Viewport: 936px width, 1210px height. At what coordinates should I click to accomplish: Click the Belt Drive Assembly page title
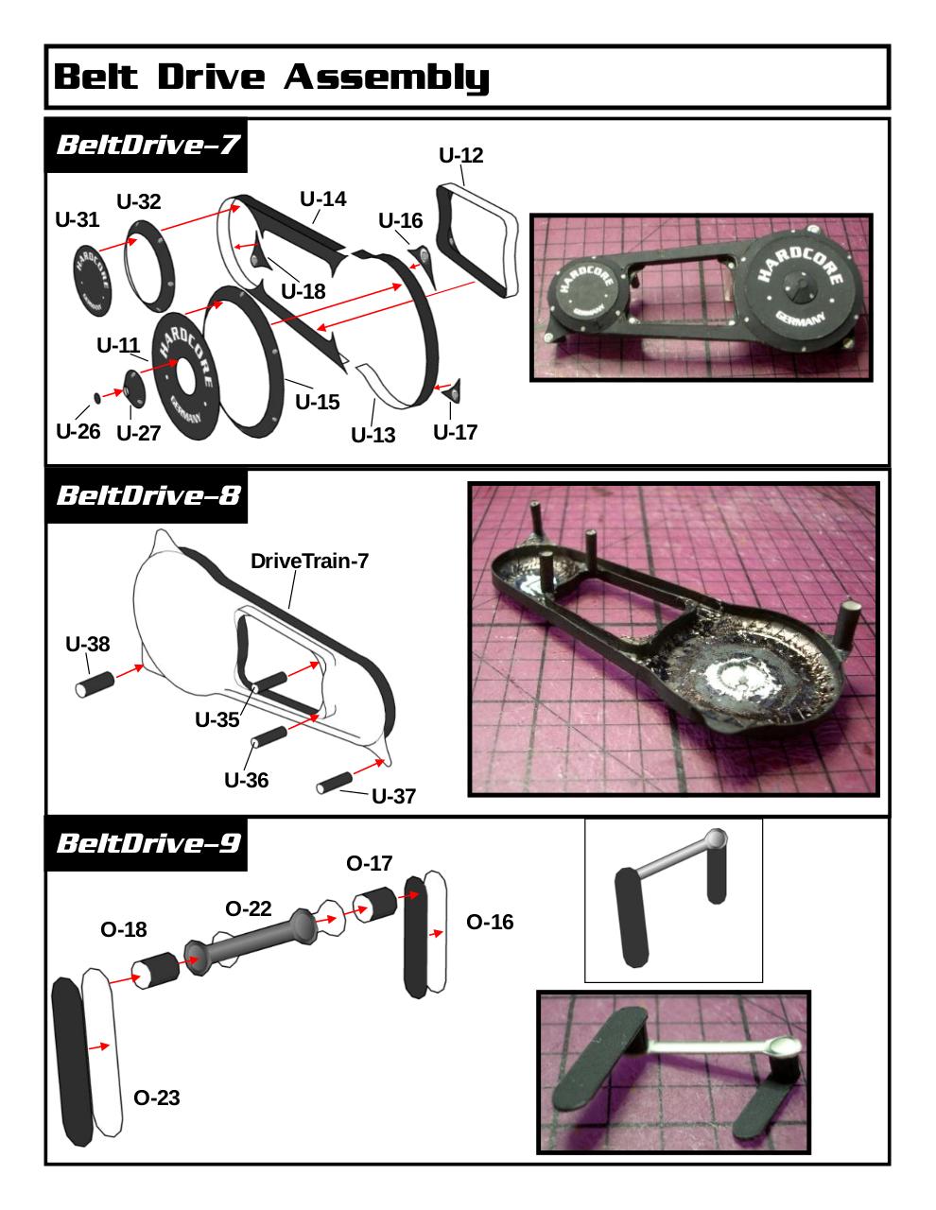(x=271, y=77)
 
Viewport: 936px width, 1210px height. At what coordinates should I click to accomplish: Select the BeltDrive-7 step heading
(x=147, y=146)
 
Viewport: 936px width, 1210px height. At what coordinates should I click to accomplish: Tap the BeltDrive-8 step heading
(x=148, y=495)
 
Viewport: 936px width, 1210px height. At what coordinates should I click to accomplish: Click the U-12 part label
(x=460, y=156)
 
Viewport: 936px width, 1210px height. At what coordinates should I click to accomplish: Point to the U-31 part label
(x=78, y=220)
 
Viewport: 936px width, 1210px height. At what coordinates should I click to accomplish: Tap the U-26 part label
(x=78, y=432)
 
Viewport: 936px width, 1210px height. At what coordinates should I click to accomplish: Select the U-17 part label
(x=455, y=433)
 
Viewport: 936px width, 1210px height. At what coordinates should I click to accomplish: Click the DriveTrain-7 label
(x=309, y=562)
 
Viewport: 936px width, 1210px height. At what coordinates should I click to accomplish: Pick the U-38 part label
(x=88, y=645)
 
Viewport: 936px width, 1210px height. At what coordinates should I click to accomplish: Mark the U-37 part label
(x=393, y=796)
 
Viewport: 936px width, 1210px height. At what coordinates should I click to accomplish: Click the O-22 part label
(x=249, y=909)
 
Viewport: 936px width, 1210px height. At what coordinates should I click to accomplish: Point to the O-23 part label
(x=157, y=1098)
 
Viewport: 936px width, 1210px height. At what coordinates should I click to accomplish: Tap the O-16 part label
(x=490, y=923)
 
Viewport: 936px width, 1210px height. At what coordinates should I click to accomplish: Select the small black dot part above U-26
(x=97, y=397)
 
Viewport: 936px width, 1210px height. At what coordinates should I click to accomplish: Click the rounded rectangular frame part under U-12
(x=477, y=240)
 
